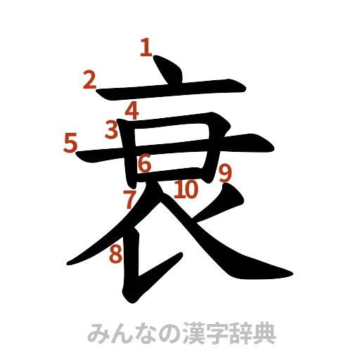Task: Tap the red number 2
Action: click(89, 80)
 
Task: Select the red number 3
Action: click(111, 130)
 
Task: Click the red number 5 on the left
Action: click(70, 143)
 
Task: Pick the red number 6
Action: click(144, 164)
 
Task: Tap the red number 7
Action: click(129, 199)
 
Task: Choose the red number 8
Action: click(115, 255)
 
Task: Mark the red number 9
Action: click(225, 173)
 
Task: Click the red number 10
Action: click(186, 189)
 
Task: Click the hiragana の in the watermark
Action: click(161, 334)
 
